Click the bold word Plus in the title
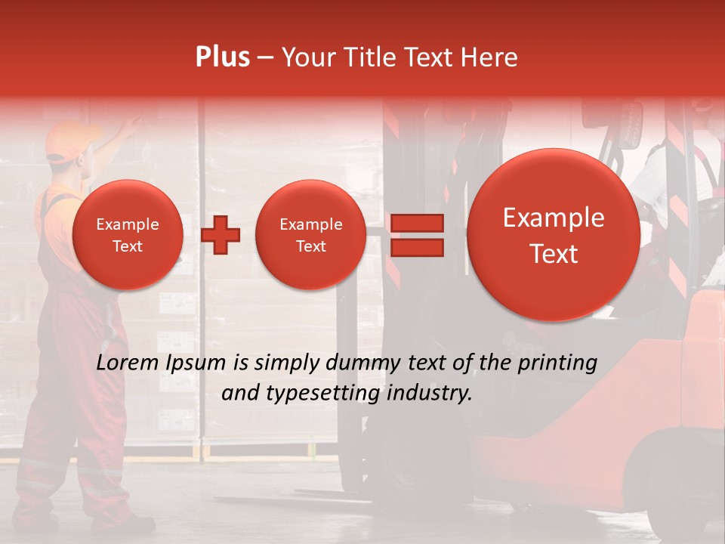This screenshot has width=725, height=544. (222, 57)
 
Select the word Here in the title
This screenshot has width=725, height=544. (489, 57)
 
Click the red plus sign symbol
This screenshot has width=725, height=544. (221, 234)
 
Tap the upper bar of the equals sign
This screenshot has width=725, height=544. (416, 223)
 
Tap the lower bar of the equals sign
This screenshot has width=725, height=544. (416, 247)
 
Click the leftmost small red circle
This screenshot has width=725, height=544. (128, 234)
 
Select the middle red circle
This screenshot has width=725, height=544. (311, 234)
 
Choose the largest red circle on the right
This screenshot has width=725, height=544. (554, 234)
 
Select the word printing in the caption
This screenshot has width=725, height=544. (557, 363)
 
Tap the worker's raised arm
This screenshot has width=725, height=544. (113, 141)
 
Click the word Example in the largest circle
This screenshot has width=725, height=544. (554, 218)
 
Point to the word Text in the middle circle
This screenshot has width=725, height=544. (311, 246)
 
